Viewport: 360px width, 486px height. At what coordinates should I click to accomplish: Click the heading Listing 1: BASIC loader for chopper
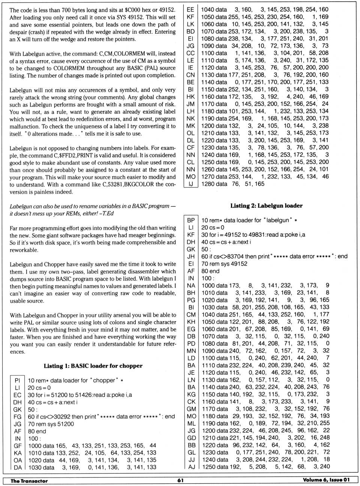click(93, 366)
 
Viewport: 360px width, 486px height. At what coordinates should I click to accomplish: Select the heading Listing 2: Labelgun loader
click(266, 206)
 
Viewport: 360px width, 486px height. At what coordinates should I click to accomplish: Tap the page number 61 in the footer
click(180, 480)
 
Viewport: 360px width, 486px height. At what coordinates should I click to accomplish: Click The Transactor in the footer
click(29, 481)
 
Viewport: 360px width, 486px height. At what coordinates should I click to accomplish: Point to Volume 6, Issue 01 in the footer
click(326, 480)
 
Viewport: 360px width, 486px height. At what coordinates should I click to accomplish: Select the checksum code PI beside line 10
click(18, 380)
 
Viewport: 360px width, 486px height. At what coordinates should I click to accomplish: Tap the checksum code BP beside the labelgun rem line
click(191, 220)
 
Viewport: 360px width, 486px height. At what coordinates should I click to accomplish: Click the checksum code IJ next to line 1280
click(191, 184)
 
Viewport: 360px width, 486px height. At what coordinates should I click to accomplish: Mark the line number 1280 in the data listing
click(208, 184)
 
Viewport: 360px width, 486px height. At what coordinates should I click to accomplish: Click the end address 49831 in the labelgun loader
click(253, 235)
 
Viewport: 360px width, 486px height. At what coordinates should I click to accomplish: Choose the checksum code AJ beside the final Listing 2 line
click(192, 467)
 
